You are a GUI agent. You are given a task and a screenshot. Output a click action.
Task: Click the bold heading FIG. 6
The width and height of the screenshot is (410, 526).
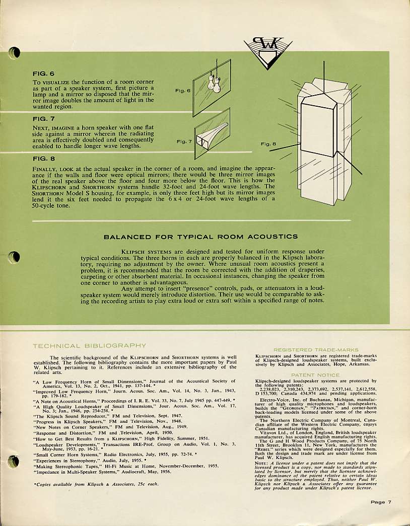(43, 73)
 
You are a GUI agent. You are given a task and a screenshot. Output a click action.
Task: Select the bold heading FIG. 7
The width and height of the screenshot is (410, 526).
(43, 119)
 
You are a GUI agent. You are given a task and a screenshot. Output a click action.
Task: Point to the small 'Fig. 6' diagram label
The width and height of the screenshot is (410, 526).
(183, 91)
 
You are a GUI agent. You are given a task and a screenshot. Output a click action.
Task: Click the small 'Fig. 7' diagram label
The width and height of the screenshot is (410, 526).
(184, 141)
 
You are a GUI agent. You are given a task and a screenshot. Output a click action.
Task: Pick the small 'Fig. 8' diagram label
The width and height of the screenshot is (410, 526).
(268, 144)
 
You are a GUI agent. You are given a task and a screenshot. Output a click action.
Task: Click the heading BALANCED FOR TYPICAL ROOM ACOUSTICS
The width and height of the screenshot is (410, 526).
(200, 237)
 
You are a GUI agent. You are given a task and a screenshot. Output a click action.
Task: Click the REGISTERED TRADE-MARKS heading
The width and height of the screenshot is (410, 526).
(315, 349)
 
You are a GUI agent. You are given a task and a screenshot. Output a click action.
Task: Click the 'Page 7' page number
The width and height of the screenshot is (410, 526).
(381, 502)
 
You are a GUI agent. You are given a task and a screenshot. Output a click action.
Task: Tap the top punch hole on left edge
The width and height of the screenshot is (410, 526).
(15, 52)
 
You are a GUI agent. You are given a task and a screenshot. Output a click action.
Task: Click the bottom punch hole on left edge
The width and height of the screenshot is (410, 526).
(14, 461)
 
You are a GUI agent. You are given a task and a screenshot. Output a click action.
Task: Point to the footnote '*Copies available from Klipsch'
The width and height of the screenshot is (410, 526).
(96, 484)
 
